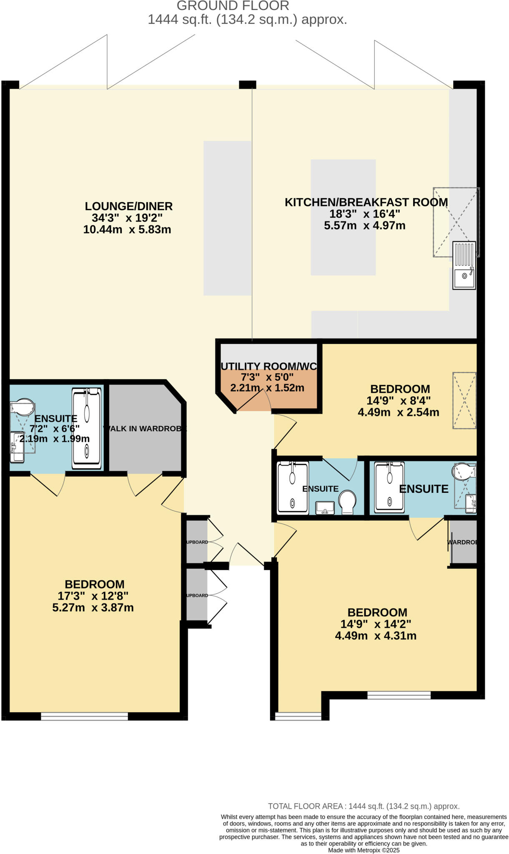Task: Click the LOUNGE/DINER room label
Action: (128, 206)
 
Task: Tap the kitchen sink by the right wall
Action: (464, 265)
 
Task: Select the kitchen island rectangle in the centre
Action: (343, 217)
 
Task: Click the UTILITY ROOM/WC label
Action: (268, 366)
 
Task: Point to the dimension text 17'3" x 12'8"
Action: (93, 595)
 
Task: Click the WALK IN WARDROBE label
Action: (145, 429)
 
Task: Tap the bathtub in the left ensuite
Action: (87, 428)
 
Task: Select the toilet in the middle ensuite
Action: (347, 502)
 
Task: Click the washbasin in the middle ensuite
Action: (325, 507)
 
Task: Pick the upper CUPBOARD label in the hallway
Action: (197, 542)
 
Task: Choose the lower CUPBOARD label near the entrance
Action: (197, 595)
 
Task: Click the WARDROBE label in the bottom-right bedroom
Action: (462, 542)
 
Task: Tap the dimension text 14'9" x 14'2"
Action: (376, 624)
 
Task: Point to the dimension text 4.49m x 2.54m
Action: (398, 412)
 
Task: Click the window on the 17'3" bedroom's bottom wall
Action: (85, 716)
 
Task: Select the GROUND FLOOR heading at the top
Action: (233, 6)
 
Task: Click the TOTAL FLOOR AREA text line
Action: (364, 806)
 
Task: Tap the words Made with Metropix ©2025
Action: (364, 850)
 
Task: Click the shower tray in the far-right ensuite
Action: (389, 487)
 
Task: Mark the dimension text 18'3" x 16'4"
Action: (365, 214)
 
